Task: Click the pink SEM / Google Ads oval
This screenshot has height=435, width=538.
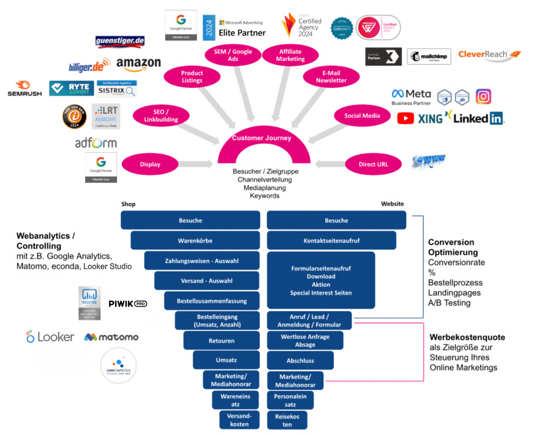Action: (x=233, y=55)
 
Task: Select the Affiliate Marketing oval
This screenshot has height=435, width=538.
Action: (x=290, y=55)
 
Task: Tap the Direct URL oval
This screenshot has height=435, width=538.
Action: (x=373, y=164)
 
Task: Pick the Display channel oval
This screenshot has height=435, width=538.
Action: (x=150, y=164)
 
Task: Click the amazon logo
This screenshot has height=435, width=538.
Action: (x=139, y=63)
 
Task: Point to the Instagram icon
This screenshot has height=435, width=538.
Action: (x=483, y=96)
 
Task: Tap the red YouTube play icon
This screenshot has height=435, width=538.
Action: (x=405, y=118)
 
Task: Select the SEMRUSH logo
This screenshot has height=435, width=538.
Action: (x=24, y=89)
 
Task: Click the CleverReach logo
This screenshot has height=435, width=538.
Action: (x=489, y=55)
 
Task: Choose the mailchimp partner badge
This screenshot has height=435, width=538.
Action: (x=429, y=56)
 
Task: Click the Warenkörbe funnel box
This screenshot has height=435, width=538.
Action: (x=195, y=240)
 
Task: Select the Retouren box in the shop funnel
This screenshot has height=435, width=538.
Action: (x=221, y=340)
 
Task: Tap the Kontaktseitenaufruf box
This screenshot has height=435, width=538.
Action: (x=331, y=240)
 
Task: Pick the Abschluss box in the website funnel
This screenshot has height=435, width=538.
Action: (x=300, y=360)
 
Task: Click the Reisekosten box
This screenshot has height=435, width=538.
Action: (x=287, y=420)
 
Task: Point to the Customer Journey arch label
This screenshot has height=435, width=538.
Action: (x=261, y=138)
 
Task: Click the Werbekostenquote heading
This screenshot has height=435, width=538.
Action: (x=467, y=337)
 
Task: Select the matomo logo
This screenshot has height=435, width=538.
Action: (x=111, y=337)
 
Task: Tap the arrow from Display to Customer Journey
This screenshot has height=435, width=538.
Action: (x=196, y=164)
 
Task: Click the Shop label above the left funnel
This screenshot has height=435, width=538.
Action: (x=128, y=204)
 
